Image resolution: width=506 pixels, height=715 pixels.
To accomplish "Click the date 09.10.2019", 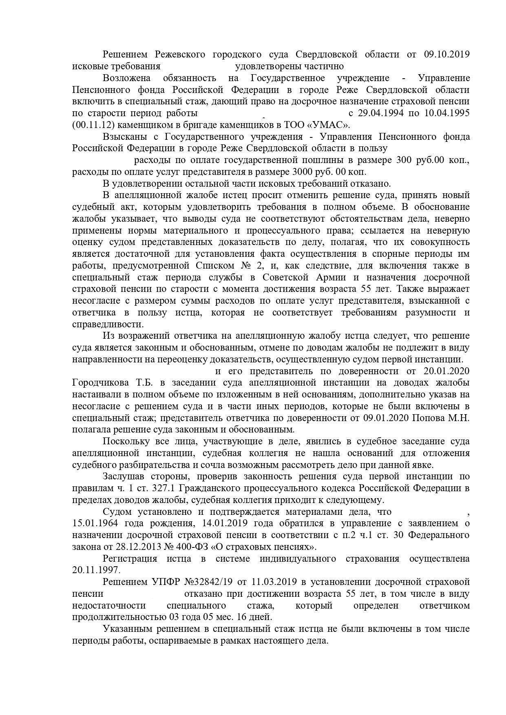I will click(446, 54).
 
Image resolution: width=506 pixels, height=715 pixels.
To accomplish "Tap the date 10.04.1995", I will click(446, 113).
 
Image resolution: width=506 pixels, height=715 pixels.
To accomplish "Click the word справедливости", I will click(108, 324).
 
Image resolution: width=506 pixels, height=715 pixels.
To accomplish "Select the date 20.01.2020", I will click(446, 371).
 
